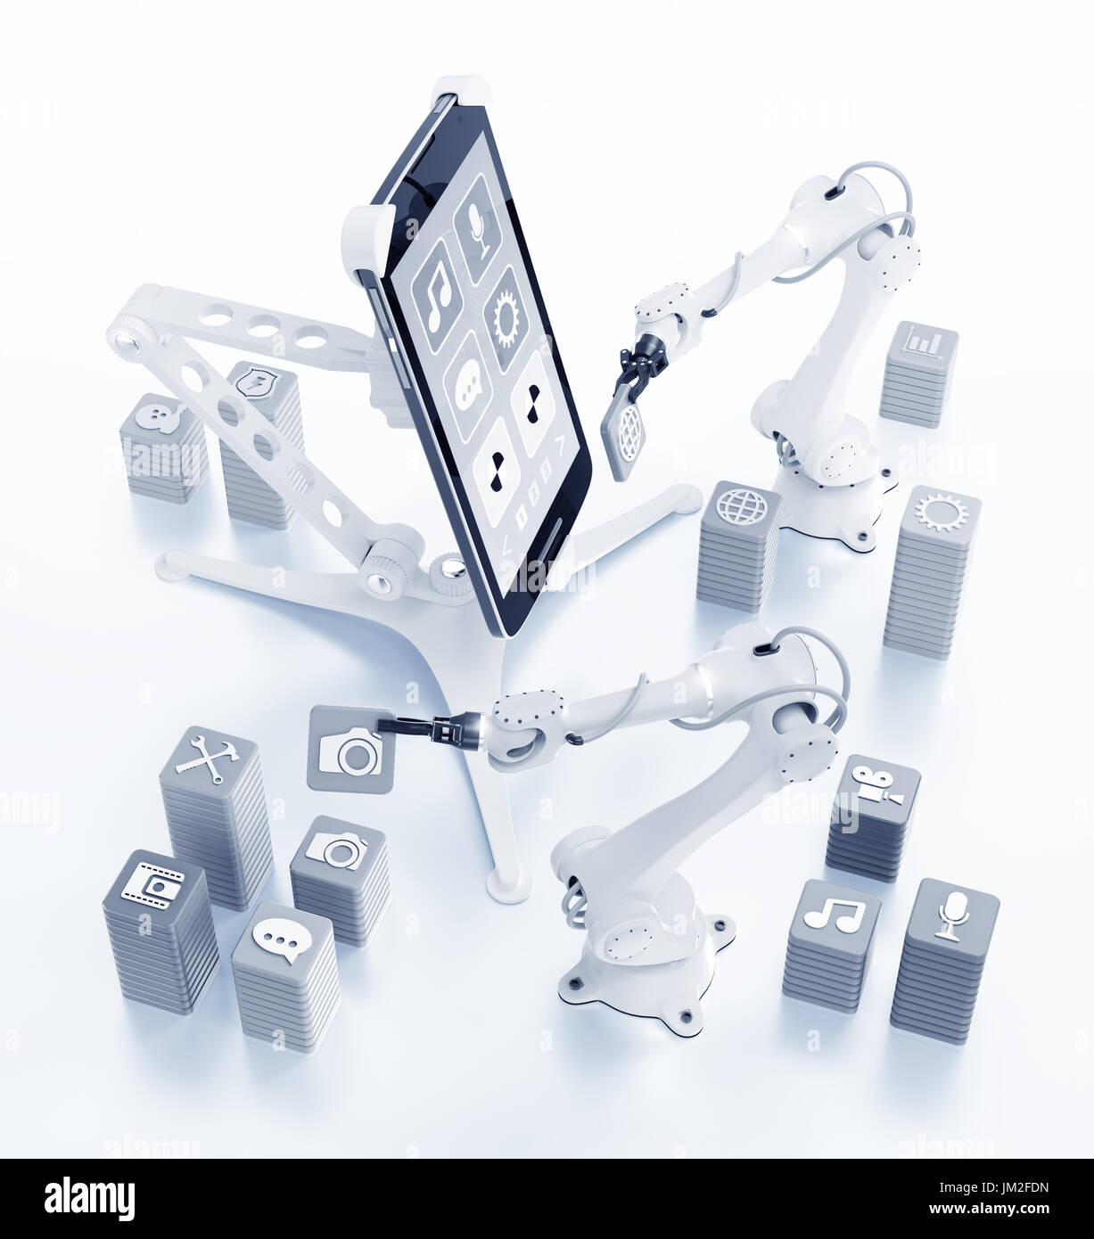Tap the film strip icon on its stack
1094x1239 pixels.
[x=153, y=884]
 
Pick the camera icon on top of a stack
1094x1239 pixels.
[x=338, y=849]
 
